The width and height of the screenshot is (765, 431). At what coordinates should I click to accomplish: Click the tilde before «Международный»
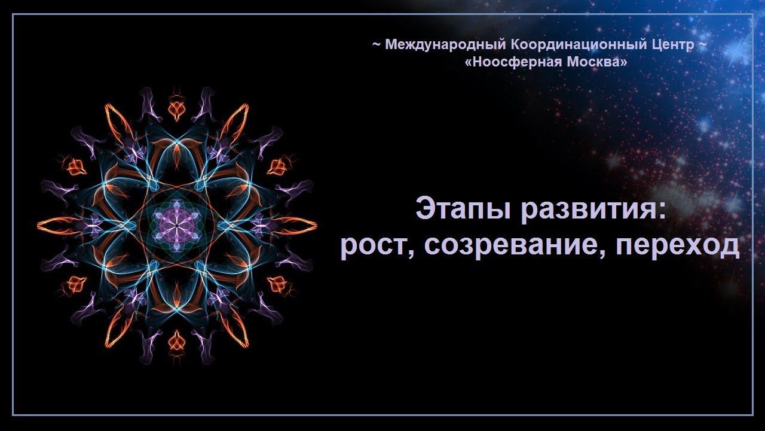(x=377, y=44)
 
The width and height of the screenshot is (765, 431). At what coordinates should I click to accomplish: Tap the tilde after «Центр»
(x=703, y=44)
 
